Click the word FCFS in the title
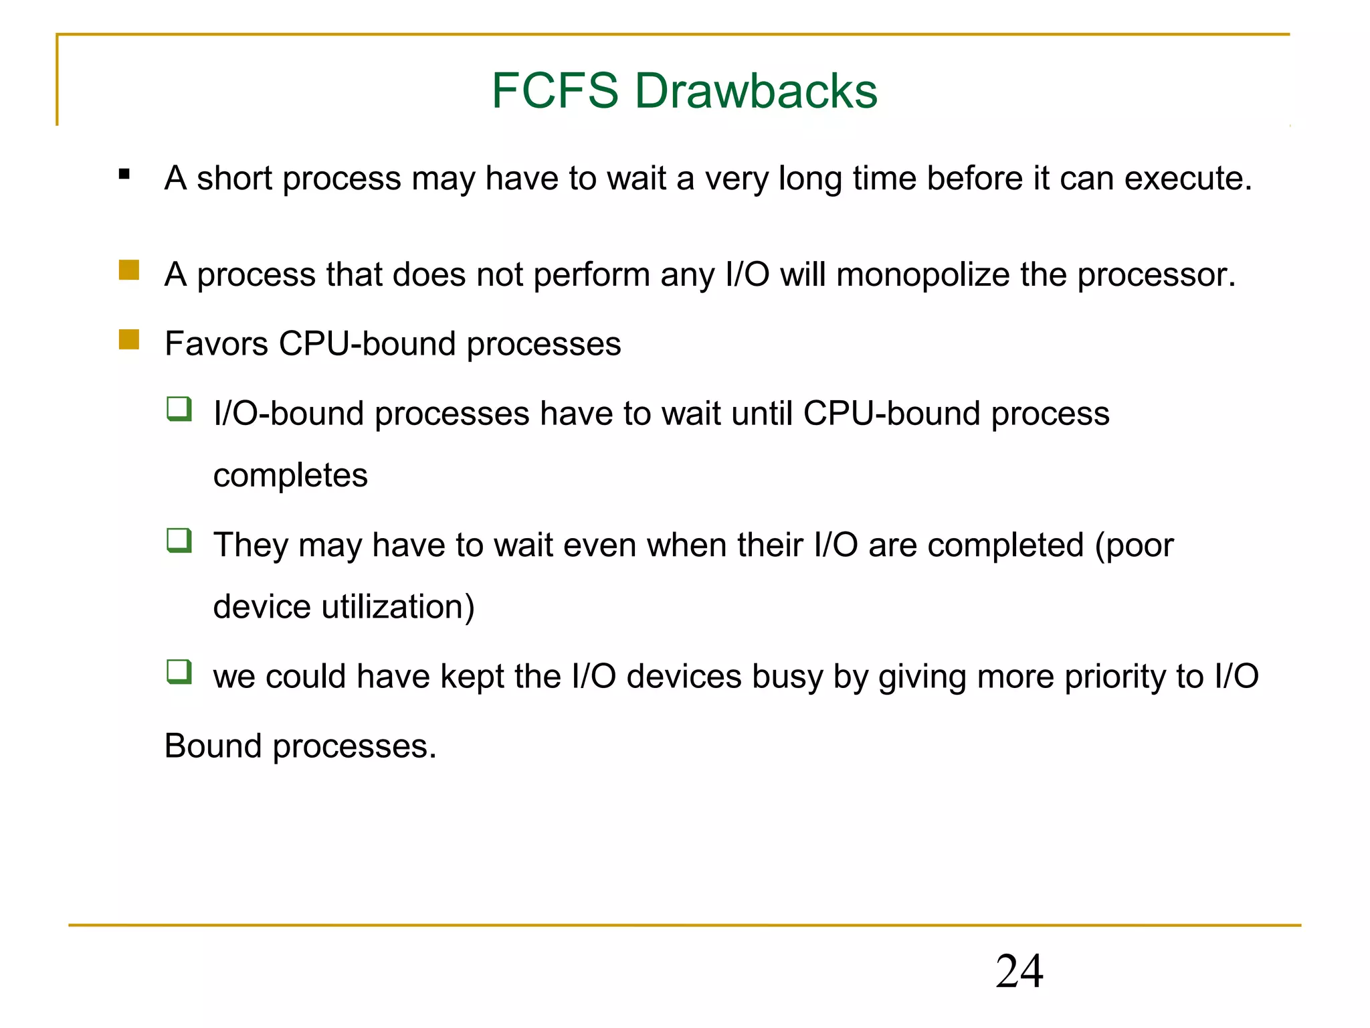(x=555, y=90)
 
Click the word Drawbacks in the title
(x=756, y=90)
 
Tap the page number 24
(x=1019, y=971)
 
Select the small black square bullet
(x=124, y=175)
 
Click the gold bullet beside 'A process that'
(x=129, y=270)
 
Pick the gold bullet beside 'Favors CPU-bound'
(x=129, y=339)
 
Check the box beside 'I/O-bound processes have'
(x=179, y=409)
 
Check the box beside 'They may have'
(x=179, y=540)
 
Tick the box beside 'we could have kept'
(x=179, y=671)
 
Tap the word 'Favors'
(x=217, y=344)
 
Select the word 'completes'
(x=290, y=475)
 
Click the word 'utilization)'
(x=398, y=607)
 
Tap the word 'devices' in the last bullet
(x=684, y=677)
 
